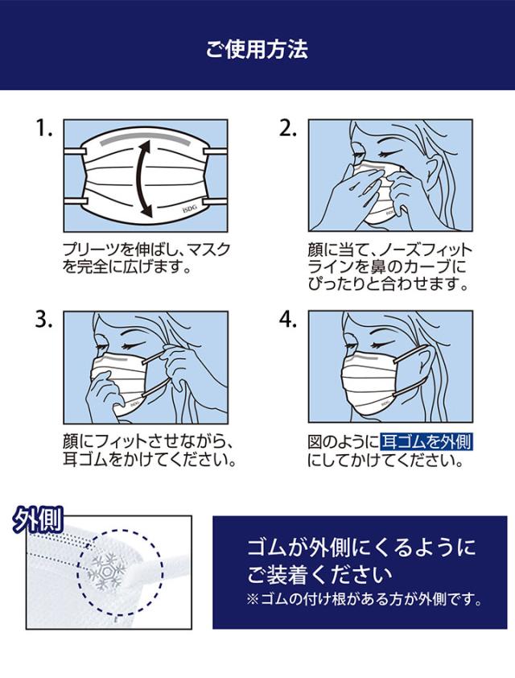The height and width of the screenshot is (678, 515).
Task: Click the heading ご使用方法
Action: click(257, 49)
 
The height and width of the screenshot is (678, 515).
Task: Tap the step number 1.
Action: click(43, 128)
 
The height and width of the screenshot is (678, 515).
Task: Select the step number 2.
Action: click(287, 128)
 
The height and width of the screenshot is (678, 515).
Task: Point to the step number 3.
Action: click(43, 320)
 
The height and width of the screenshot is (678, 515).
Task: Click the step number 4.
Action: click(288, 320)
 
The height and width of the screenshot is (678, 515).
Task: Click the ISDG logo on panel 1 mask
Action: click(189, 209)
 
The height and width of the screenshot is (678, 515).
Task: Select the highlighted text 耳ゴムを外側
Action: click(426, 442)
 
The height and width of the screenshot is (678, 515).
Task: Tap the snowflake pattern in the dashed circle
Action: click(106, 571)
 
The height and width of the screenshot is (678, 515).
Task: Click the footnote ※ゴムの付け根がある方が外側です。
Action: click(365, 599)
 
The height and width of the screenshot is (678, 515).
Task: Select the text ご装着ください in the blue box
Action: click(319, 574)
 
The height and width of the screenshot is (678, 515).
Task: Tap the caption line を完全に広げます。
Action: click(127, 267)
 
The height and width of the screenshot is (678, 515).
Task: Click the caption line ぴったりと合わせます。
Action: click(388, 284)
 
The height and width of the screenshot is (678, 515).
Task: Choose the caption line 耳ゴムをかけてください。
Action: click(150, 459)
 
